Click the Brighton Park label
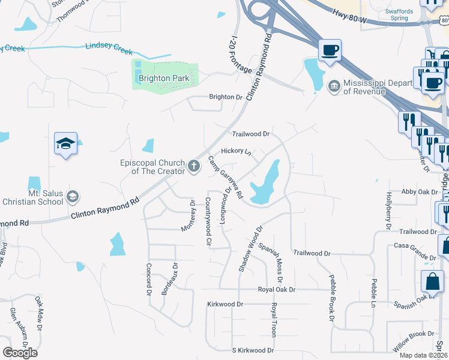164,78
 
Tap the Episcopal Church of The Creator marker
193,166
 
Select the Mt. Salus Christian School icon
72,196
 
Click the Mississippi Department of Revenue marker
333,87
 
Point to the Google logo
20,352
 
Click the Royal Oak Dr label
277,289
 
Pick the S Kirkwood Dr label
253,350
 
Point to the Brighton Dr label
225,97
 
